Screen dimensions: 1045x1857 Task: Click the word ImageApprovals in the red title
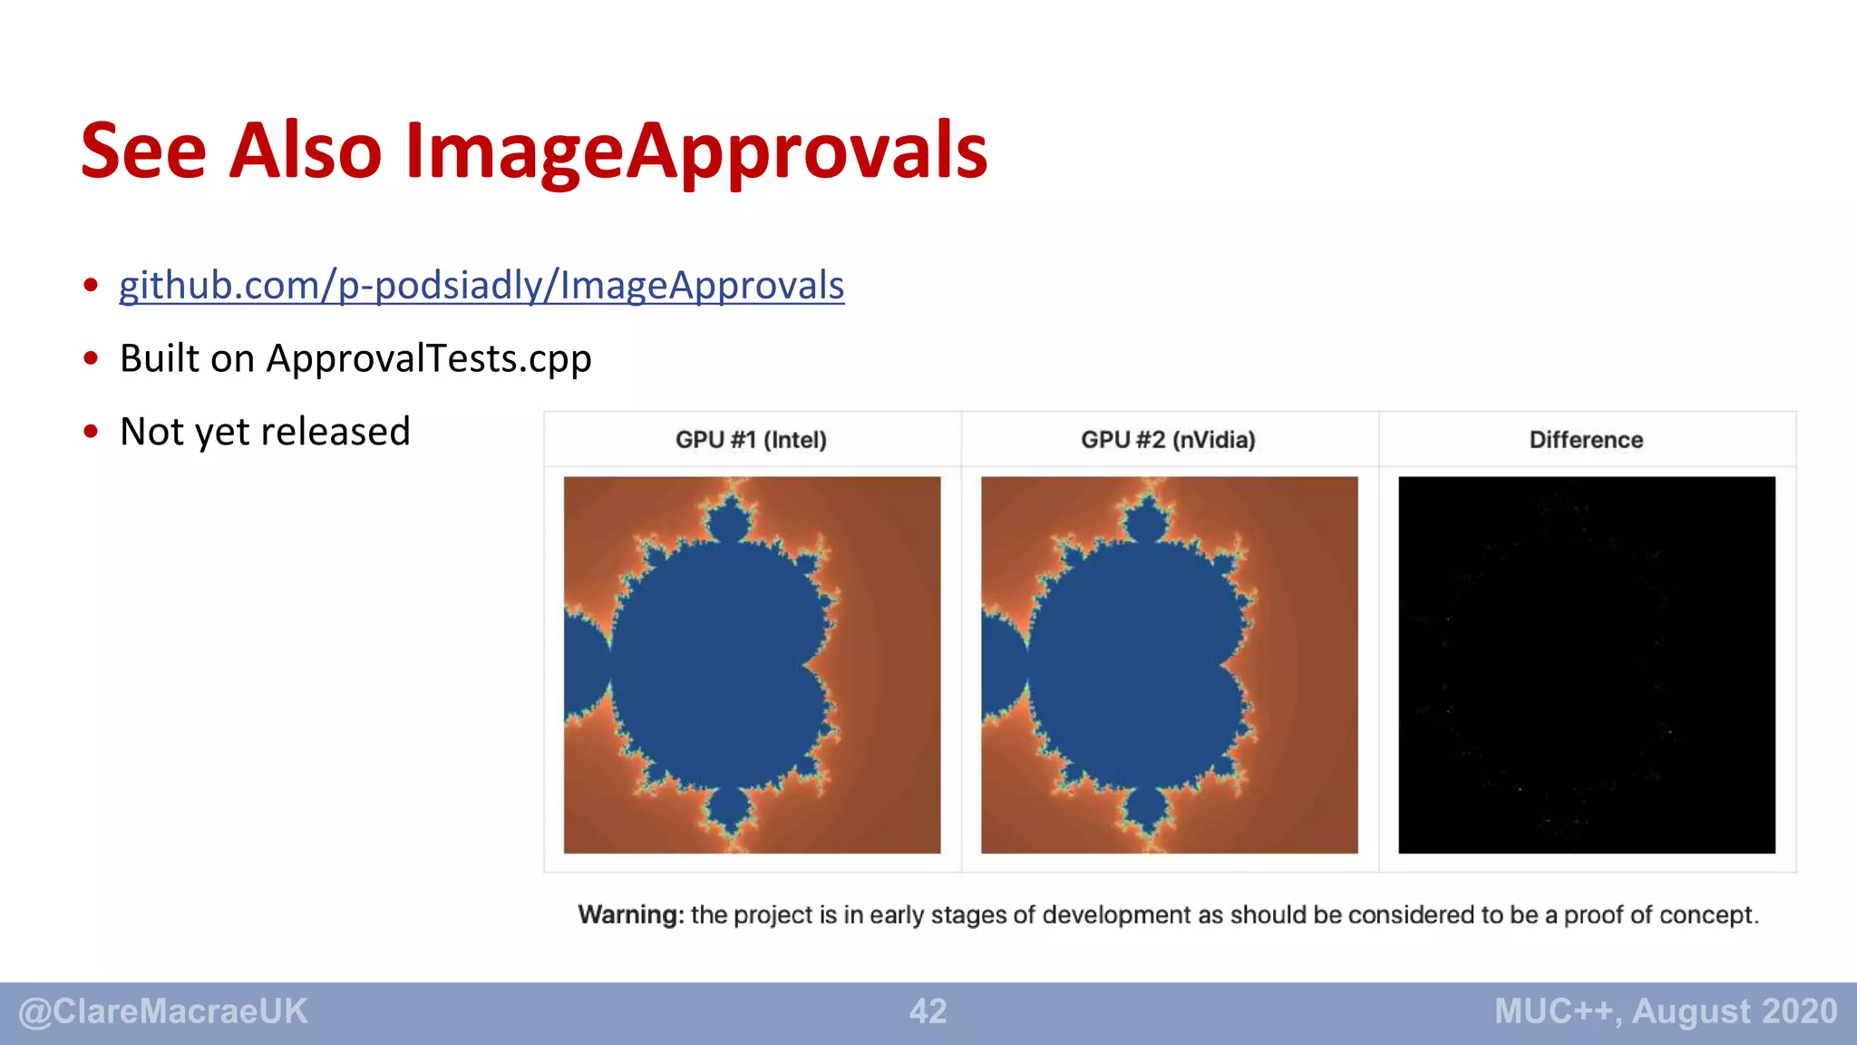695,151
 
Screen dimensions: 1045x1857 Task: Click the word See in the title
143,151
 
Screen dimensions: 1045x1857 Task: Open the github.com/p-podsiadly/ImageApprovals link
481,286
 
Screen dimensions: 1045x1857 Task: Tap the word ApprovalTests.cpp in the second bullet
428,359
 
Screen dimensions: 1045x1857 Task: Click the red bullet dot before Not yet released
91,432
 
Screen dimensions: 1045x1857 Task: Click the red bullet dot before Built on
91,358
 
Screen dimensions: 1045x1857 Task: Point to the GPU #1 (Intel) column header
751,440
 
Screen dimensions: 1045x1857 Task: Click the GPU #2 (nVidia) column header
1168,440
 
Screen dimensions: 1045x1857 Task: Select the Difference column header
1586,440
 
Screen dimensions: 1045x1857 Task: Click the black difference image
1586,664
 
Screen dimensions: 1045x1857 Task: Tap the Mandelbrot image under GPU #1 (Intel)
752,664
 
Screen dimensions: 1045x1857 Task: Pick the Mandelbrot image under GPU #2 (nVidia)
1169,664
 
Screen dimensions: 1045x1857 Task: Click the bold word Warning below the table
630,914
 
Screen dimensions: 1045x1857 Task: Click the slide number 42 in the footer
928,1011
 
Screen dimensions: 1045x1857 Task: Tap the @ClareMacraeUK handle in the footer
163,1011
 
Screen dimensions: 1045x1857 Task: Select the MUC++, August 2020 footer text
1666,1011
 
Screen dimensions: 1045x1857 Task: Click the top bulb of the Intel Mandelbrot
729,522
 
